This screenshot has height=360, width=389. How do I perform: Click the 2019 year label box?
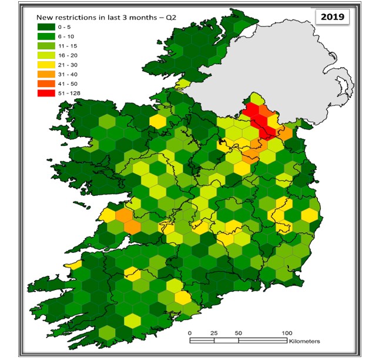[332, 16]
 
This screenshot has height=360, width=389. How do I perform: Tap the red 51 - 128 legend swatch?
[48, 92]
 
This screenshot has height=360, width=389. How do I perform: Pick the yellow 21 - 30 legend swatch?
[48, 64]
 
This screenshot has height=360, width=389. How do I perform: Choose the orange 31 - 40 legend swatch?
[48, 74]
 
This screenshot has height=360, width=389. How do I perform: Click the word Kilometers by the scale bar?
[304, 341]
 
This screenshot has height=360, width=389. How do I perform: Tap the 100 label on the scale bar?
[287, 333]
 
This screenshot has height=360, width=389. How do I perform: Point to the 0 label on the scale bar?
[190, 333]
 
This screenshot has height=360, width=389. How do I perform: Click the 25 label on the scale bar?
[214, 333]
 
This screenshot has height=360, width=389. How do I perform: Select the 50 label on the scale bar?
[238, 333]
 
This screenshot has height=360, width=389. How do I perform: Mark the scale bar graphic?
[238, 340]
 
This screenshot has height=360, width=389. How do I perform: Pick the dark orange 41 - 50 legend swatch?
[48, 83]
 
